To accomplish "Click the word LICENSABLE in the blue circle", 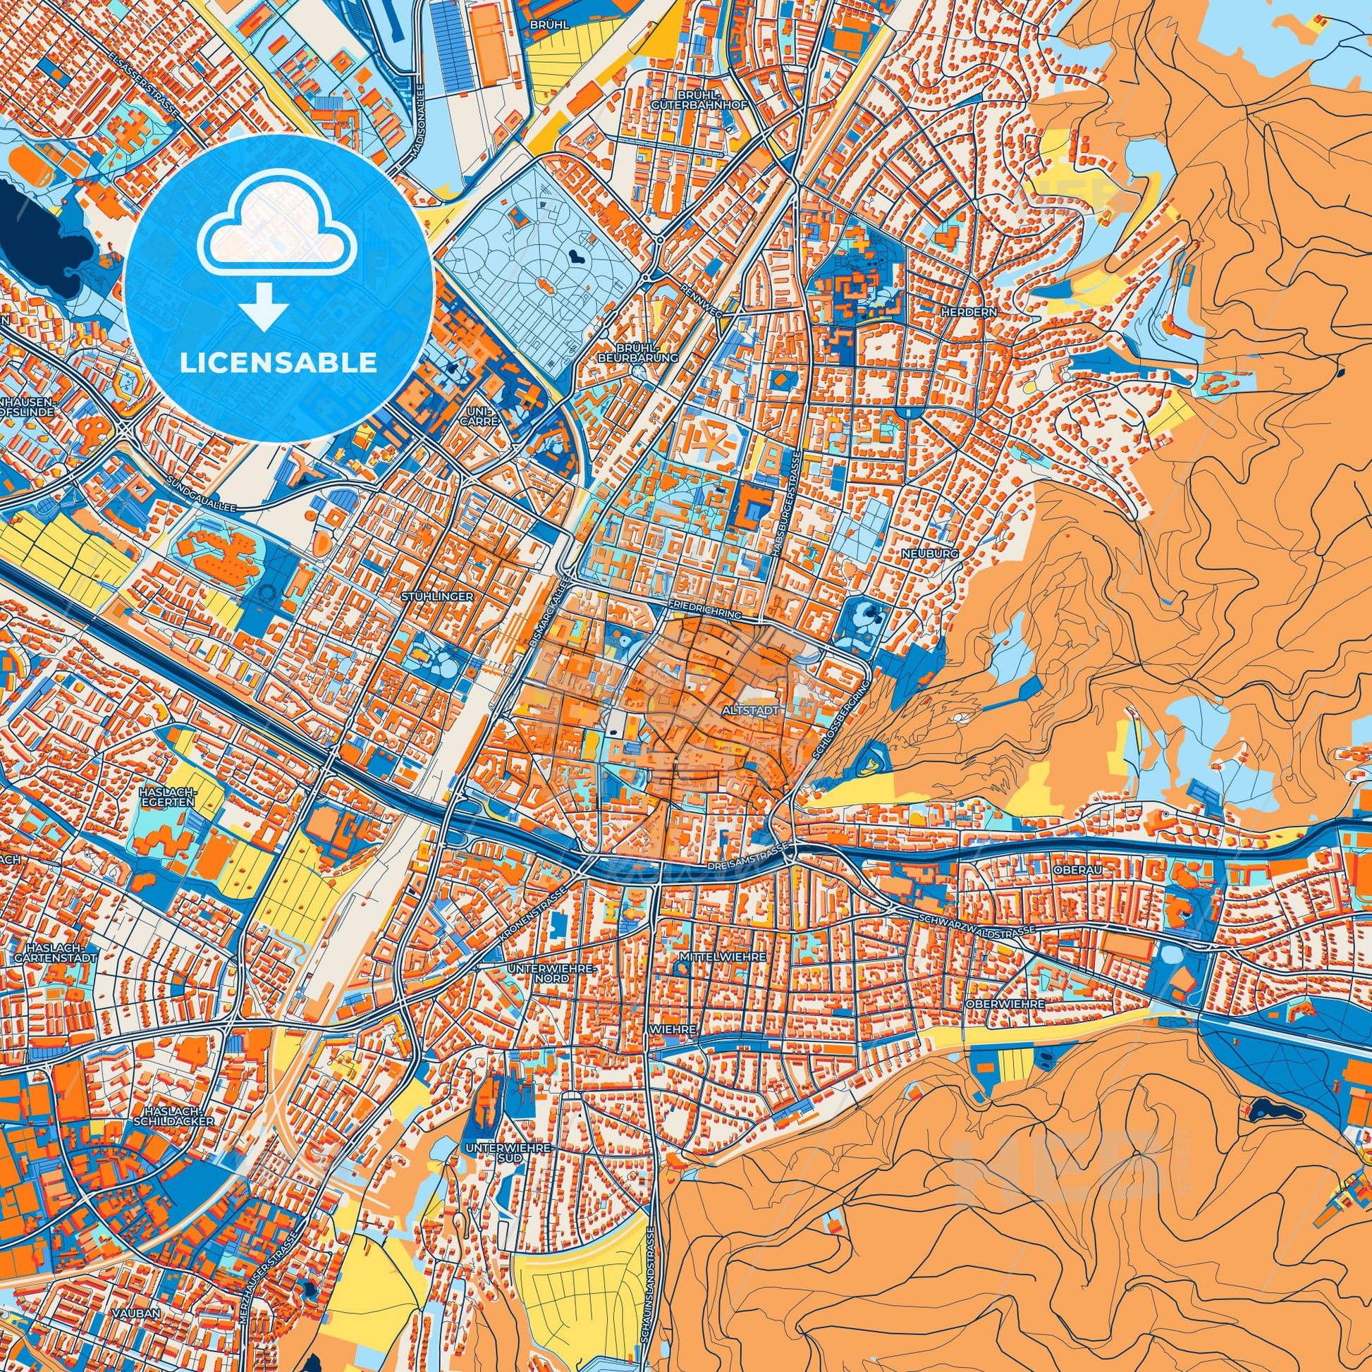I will (x=278, y=363).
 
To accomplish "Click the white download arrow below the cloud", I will (x=264, y=306).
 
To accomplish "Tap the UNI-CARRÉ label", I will (x=483, y=415).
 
